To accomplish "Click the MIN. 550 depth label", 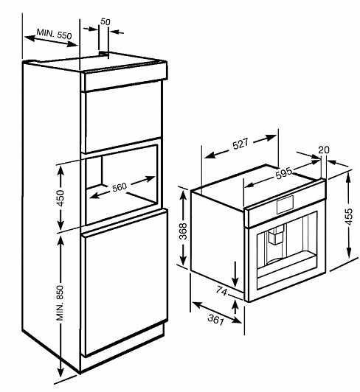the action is click(x=54, y=34).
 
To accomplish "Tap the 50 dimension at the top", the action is click(x=105, y=22).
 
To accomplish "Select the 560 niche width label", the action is click(x=120, y=186).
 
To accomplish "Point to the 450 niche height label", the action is click(x=60, y=198).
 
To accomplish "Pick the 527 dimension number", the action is click(x=240, y=144).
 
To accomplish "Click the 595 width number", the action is click(x=284, y=173).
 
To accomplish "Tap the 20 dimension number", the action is click(x=324, y=150).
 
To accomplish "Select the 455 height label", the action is click(x=348, y=216).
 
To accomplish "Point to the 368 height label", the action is click(x=184, y=231).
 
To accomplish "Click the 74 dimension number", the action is click(x=221, y=290).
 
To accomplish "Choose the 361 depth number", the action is click(x=215, y=320).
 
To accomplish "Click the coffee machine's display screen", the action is click(x=285, y=205).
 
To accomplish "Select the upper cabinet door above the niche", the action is click(x=122, y=117).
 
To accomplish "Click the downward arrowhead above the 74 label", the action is click(x=235, y=282).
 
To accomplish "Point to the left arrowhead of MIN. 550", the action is click(x=30, y=38).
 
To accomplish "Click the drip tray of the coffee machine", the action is click(x=287, y=271).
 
